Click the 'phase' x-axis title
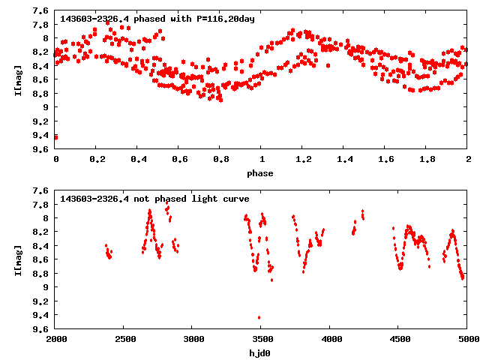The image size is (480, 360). pyautogui.click(x=261, y=173)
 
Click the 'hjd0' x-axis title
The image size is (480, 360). pyautogui.click(x=261, y=353)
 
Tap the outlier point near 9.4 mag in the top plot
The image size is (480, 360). pyautogui.click(x=56, y=136)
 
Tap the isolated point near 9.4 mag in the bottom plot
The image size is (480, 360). pyautogui.click(x=259, y=317)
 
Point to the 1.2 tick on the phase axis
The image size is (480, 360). pyautogui.click(x=302, y=160)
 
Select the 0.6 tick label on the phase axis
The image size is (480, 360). pyautogui.click(x=179, y=160)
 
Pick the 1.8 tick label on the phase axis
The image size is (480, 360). pyautogui.click(x=426, y=160)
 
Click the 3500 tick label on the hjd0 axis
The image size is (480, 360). pyautogui.click(x=261, y=340)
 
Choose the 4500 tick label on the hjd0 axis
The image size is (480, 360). pyautogui.click(x=398, y=340)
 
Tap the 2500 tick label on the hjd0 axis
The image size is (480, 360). pyautogui.click(x=124, y=340)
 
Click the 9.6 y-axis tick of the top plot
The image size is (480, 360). pyautogui.click(x=41, y=149)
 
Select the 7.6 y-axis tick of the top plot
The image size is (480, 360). pyautogui.click(x=41, y=11)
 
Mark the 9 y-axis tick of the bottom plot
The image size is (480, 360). pyautogui.click(x=46, y=287)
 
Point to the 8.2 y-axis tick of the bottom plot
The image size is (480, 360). pyautogui.click(x=41, y=232)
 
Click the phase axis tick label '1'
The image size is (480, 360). pyautogui.click(x=262, y=160)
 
